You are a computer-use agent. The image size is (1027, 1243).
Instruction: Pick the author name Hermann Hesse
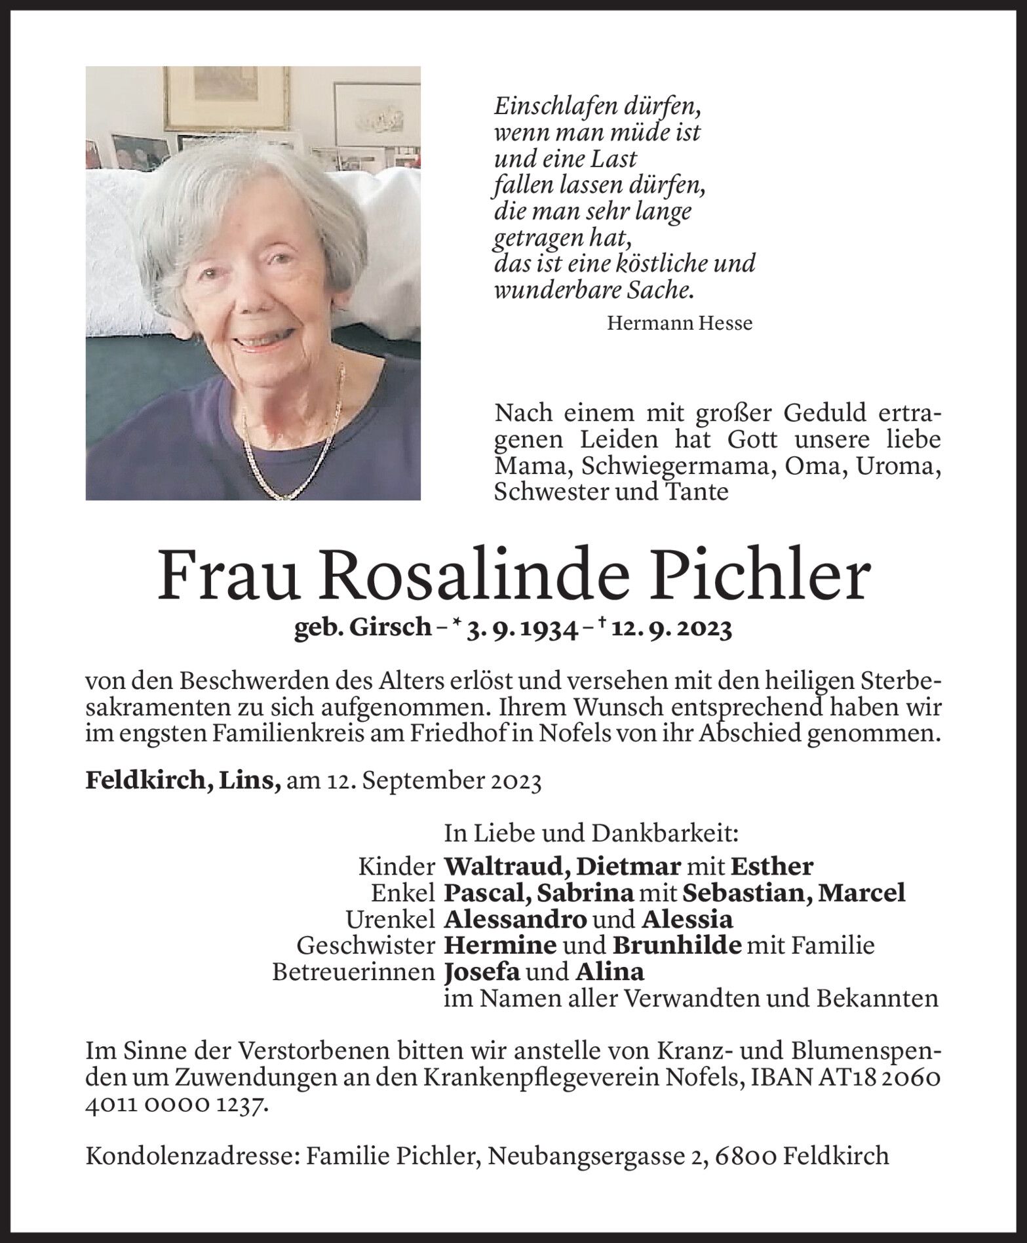680,323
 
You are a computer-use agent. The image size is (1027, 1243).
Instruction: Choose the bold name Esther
771,867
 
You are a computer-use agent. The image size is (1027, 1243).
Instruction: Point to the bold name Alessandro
515,919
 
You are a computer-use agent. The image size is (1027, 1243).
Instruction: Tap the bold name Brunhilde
677,945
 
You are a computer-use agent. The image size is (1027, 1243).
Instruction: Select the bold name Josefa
482,971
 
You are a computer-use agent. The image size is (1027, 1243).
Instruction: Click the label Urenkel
391,919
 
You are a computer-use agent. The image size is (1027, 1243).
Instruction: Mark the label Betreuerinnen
354,971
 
